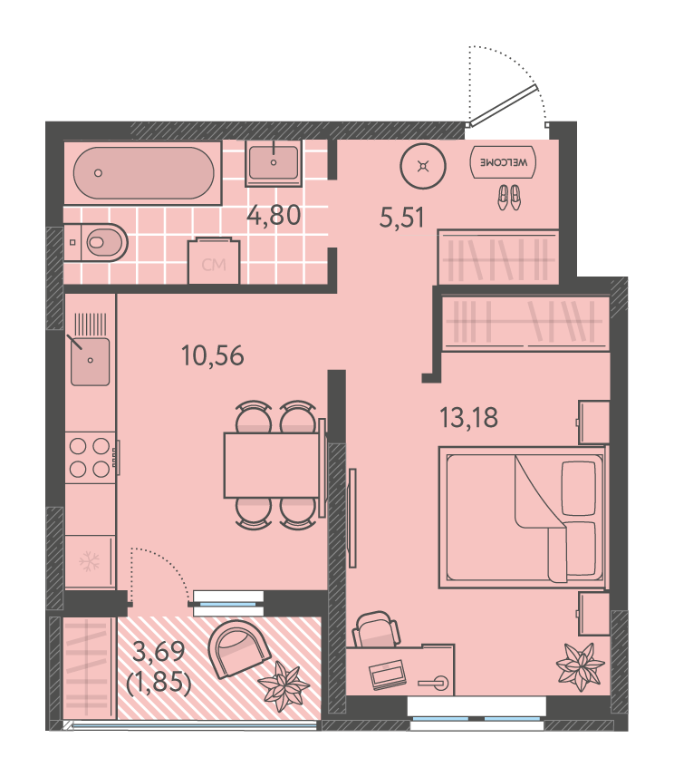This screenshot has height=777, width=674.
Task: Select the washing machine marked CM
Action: (214, 261)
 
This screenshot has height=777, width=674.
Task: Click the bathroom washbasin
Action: (274, 162)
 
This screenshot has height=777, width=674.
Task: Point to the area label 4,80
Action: (274, 216)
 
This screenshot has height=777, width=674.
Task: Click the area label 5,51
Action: (401, 218)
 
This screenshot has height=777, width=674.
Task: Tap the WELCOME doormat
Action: (503, 162)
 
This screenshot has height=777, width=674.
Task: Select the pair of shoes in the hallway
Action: (509, 197)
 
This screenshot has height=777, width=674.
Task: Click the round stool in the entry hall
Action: (423, 167)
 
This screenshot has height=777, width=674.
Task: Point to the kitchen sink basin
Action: (90, 361)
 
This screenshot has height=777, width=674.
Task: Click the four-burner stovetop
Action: (90, 457)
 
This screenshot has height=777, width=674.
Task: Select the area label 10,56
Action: (213, 355)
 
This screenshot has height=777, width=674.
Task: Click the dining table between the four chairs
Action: (272, 465)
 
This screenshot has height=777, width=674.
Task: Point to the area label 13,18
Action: (468, 417)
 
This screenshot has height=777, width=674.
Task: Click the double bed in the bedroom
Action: (523, 518)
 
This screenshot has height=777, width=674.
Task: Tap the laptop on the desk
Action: (388, 675)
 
